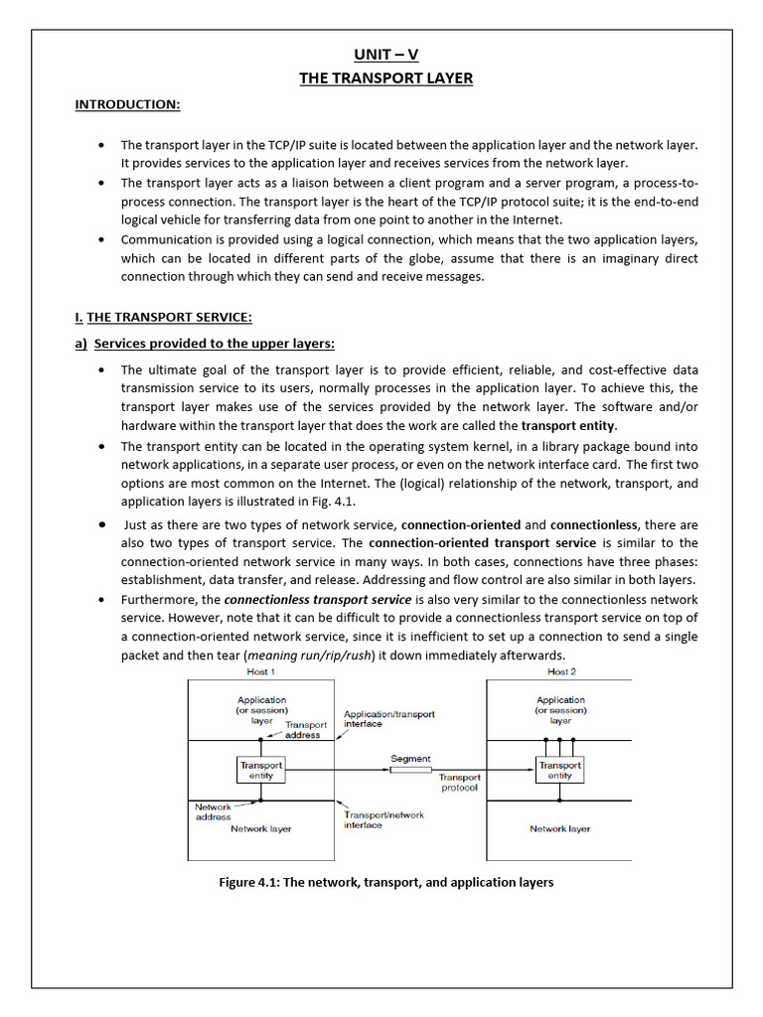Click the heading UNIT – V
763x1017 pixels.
pos(385,55)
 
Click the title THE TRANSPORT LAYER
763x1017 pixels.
pos(385,78)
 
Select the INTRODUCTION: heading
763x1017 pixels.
pos(127,104)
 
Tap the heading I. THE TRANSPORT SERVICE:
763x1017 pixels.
pos(164,317)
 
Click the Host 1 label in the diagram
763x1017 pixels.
pos(261,672)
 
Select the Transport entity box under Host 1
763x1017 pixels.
pos(260,771)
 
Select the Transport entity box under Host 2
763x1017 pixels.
pos(559,771)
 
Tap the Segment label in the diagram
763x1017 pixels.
pos(410,759)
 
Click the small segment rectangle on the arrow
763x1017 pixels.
pos(410,770)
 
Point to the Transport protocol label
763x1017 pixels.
pos(459,783)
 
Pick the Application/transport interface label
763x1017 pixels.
pos(388,719)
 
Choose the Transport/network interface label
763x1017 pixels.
pos(383,819)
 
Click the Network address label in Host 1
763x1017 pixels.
pos(213,812)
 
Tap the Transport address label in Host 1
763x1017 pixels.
pos(302,730)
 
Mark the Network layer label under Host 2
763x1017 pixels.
pos(559,828)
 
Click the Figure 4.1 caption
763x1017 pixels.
pos(385,882)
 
